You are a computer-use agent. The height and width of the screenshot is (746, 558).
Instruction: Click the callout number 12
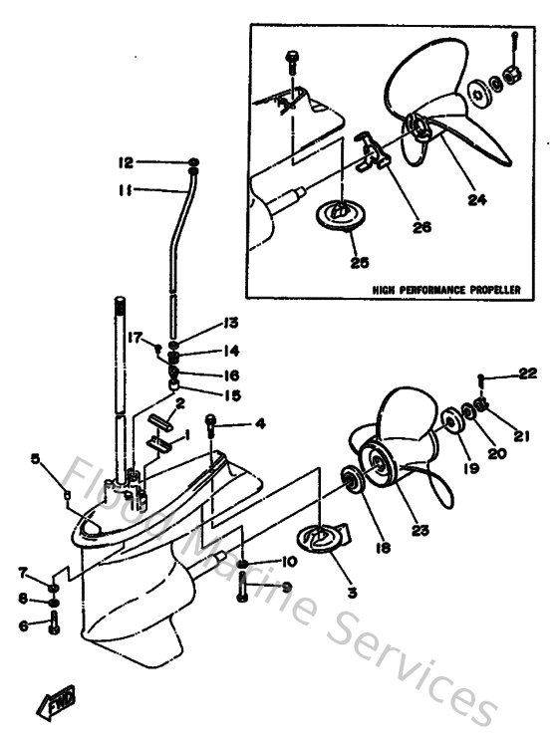[x=125, y=161]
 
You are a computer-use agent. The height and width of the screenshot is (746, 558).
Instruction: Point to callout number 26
[x=421, y=226]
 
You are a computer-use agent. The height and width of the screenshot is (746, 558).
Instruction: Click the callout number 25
[x=360, y=262]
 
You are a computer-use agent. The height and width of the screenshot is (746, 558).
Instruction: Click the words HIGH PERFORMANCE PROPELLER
[x=446, y=290]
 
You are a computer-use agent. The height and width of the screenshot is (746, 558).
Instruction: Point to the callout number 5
[x=35, y=459]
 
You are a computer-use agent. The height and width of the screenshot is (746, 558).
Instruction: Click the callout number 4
[x=259, y=424]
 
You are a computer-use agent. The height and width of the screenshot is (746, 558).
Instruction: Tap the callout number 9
[x=286, y=587]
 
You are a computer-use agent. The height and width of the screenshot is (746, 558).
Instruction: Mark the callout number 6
[x=22, y=625]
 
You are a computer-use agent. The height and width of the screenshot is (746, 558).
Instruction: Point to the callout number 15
[x=232, y=394]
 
